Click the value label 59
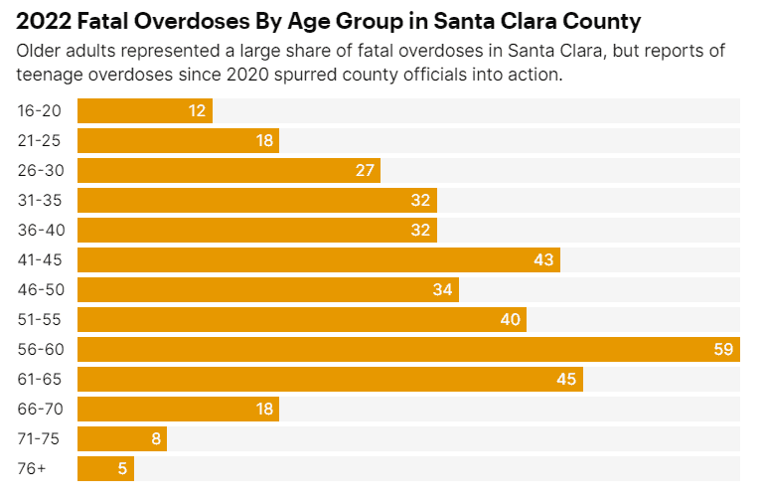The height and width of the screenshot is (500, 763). click(x=723, y=350)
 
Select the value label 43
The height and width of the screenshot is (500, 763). click(x=542, y=260)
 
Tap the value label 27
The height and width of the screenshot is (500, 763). click(x=365, y=170)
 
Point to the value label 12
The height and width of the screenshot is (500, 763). click(x=197, y=110)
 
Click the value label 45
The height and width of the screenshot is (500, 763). click(x=565, y=380)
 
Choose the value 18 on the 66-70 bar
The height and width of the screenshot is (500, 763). click(x=263, y=410)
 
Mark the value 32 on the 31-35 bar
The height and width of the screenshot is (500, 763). click(x=420, y=200)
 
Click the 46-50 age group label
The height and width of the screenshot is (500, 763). click(x=40, y=290)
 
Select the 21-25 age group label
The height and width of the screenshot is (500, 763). click(x=39, y=140)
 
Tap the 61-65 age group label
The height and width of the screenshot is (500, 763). click(x=39, y=380)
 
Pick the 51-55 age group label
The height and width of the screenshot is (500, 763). click(x=39, y=320)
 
